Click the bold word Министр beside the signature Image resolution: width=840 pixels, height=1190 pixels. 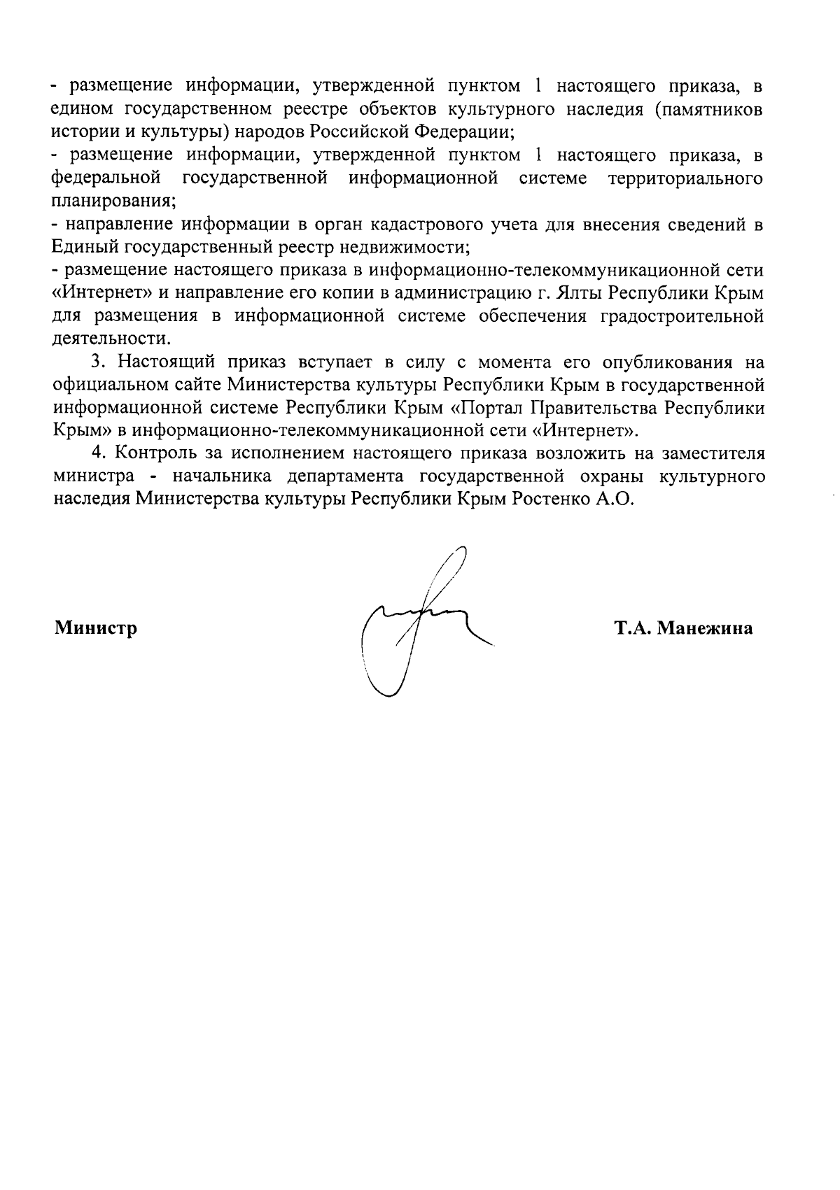(x=95, y=628)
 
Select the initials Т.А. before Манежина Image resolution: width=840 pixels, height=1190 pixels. (x=633, y=628)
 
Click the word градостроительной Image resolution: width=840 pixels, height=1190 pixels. (x=680, y=316)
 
